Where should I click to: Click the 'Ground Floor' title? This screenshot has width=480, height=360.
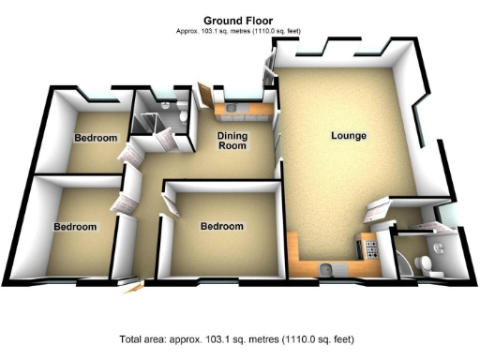[x=239, y=20]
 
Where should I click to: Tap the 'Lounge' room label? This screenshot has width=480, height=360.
[x=348, y=137]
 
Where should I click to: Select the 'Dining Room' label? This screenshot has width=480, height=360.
[x=232, y=141]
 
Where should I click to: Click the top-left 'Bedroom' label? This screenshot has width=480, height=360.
[x=96, y=138]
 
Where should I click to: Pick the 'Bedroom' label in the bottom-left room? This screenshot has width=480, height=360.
[x=75, y=227]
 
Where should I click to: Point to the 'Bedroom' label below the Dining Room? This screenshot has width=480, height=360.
[x=222, y=227]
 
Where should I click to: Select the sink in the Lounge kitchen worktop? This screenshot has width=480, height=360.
[x=326, y=269]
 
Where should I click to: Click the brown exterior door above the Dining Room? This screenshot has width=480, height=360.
[x=203, y=95]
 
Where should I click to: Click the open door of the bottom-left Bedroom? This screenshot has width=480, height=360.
[x=124, y=204]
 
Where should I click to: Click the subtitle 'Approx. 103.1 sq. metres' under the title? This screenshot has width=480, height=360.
[x=239, y=31]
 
